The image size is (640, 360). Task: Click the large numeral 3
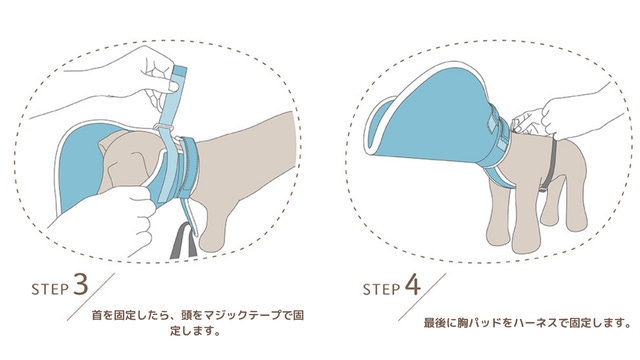point(81,284)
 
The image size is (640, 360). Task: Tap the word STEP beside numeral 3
point(50,289)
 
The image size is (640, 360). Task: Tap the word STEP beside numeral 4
point(381,289)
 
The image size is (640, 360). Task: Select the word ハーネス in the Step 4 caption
point(535,323)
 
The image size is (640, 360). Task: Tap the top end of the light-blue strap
point(180,68)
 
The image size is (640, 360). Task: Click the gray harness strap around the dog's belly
point(551,163)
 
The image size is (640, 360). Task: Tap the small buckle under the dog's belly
point(543,189)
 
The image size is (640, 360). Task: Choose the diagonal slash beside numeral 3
point(91,297)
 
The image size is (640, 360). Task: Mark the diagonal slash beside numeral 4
point(422,297)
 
